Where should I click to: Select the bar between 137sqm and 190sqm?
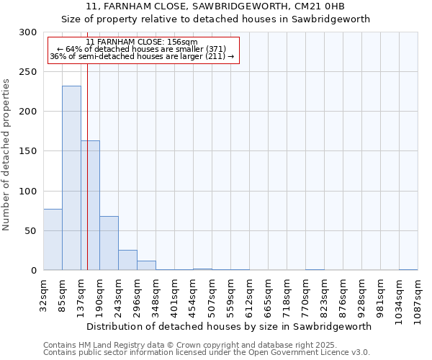[x=90, y=205]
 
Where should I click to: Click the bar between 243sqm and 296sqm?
[x=127, y=260]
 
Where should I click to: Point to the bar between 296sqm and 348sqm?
[x=146, y=265]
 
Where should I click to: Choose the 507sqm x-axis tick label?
[x=212, y=294]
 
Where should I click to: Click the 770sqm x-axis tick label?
[x=306, y=294]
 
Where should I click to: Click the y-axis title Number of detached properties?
[x=6, y=155]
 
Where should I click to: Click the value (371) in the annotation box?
[x=215, y=49]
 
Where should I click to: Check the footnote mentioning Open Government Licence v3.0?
[x=207, y=353]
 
